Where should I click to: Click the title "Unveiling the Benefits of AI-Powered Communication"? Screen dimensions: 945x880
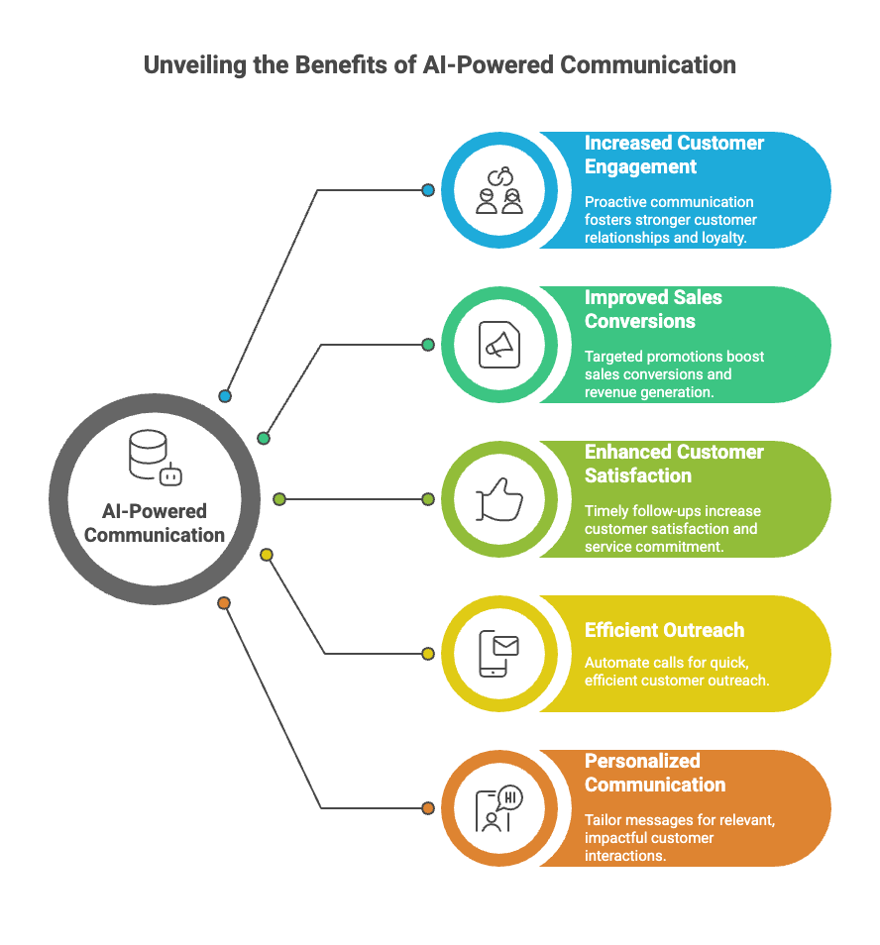[x=439, y=66]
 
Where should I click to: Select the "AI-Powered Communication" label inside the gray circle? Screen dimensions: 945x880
[x=155, y=523]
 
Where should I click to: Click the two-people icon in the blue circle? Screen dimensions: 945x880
[x=498, y=190]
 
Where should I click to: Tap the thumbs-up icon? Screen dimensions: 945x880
[x=498, y=499]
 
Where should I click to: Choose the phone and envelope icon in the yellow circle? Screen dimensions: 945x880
[x=498, y=654]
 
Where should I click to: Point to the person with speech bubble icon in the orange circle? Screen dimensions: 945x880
[x=498, y=808]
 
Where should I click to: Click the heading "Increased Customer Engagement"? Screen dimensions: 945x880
[x=674, y=155]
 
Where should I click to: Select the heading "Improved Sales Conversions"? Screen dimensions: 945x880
[x=653, y=309]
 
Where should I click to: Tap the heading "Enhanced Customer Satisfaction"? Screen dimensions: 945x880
[x=674, y=464]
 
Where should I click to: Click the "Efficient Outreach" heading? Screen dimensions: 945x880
[x=664, y=630]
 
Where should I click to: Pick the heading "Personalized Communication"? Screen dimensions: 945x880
[x=654, y=773]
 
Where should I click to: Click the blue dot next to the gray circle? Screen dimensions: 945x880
[x=225, y=396]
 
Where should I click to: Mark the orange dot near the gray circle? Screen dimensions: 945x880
[x=224, y=602]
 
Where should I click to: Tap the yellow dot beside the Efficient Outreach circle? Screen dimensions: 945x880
[x=428, y=654]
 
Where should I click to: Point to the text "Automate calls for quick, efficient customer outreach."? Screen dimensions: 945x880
[x=677, y=671]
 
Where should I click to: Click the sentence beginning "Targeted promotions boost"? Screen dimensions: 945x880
[x=674, y=373]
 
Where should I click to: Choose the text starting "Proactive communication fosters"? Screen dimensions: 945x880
[x=670, y=220]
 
